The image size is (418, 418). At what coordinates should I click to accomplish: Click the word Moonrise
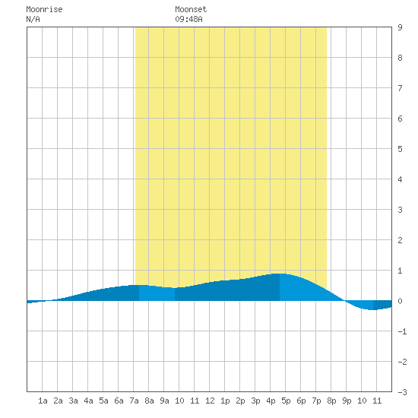(x=44, y=9)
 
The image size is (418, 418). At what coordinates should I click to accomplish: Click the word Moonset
(x=191, y=9)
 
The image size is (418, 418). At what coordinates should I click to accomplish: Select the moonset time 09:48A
(x=188, y=19)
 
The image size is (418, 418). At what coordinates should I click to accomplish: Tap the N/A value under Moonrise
(x=33, y=19)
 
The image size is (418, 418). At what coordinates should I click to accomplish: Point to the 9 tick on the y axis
(x=400, y=27)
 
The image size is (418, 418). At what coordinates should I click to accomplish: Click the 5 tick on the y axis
(x=400, y=149)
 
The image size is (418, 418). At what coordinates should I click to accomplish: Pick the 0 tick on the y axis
(x=400, y=301)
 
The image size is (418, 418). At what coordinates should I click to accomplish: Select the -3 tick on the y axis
(x=402, y=392)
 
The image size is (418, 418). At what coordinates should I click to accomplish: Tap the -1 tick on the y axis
(x=402, y=331)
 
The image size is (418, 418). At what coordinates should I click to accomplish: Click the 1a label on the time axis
(x=43, y=401)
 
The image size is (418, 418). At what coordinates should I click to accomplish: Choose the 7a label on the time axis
(x=134, y=401)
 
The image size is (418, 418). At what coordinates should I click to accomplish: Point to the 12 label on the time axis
(x=210, y=401)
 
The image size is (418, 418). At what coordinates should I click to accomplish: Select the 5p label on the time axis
(x=286, y=401)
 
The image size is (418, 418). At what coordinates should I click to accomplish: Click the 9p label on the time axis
(x=347, y=401)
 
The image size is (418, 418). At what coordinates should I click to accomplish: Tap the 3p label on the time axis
(x=255, y=401)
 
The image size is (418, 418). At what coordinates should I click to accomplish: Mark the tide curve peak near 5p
(x=280, y=274)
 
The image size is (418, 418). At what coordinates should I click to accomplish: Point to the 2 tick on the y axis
(x=400, y=240)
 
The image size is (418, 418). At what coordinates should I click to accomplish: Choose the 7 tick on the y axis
(x=400, y=88)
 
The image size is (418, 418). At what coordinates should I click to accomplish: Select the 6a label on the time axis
(x=119, y=401)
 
